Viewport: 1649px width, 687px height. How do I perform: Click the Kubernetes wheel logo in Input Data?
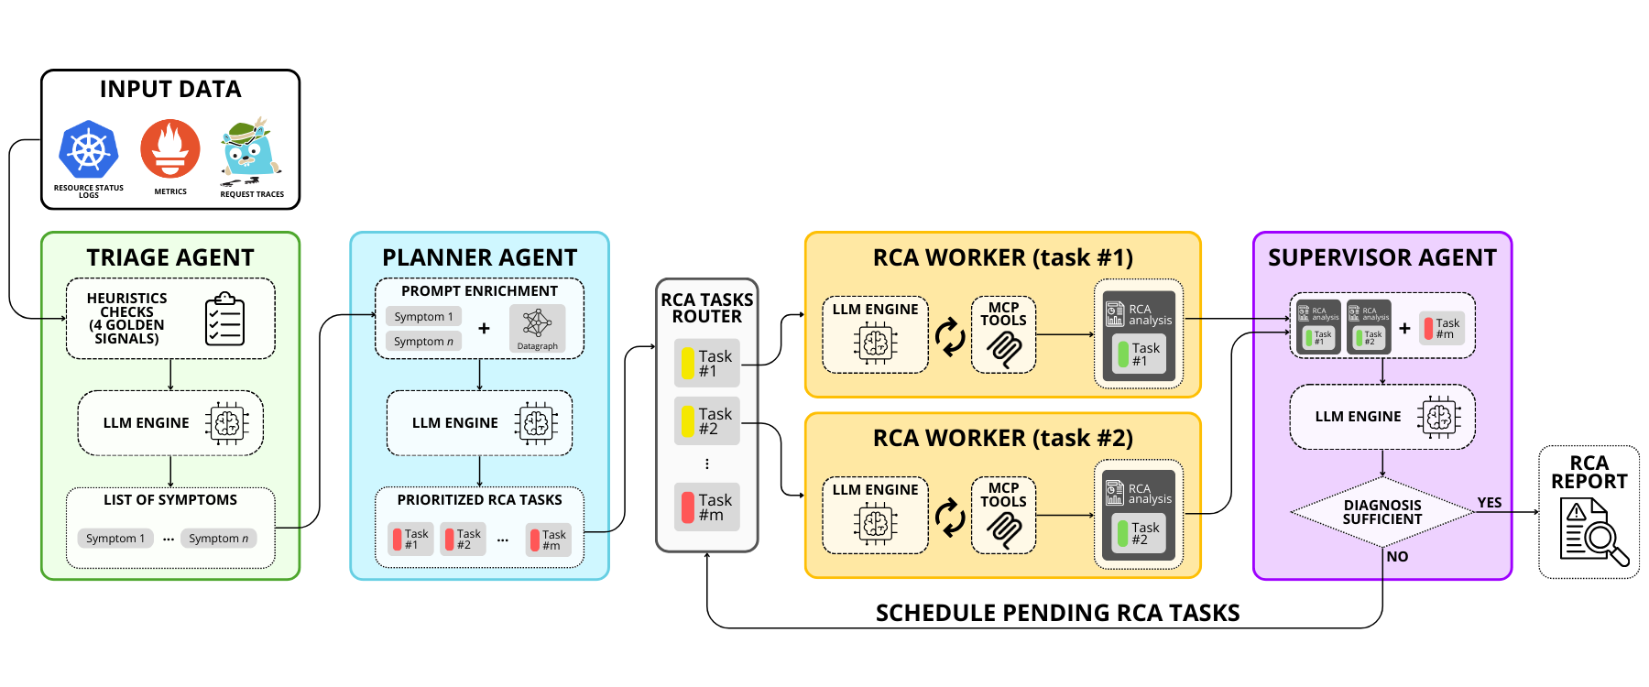point(89,149)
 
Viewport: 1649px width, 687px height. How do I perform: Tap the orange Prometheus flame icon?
point(170,148)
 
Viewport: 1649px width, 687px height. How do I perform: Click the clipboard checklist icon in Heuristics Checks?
point(224,319)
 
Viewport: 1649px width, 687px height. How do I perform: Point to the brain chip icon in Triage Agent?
point(227,423)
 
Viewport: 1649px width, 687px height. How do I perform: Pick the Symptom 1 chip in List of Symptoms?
point(115,539)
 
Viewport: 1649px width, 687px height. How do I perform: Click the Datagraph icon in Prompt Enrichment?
point(537,328)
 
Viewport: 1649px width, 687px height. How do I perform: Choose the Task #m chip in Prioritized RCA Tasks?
point(549,540)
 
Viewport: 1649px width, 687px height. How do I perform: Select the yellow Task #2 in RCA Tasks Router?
point(706,421)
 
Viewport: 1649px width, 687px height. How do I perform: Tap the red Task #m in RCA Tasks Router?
point(706,507)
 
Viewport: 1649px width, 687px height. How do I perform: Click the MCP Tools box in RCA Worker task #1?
point(1003,334)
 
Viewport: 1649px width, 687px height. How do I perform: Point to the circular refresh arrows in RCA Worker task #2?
point(950,518)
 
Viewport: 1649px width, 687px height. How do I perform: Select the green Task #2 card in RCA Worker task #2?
point(1139,533)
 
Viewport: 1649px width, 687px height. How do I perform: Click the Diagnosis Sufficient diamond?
point(1381,512)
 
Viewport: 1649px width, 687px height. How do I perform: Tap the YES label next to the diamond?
point(1490,503)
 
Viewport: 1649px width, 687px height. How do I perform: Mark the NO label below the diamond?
point(1397,557)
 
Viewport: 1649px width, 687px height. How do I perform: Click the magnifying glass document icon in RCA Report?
point(1594,531)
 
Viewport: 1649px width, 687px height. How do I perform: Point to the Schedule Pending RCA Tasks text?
point(1057,613)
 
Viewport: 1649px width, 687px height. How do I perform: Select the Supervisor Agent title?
point(1381,258)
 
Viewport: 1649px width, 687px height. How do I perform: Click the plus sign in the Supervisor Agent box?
point(1404,328)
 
